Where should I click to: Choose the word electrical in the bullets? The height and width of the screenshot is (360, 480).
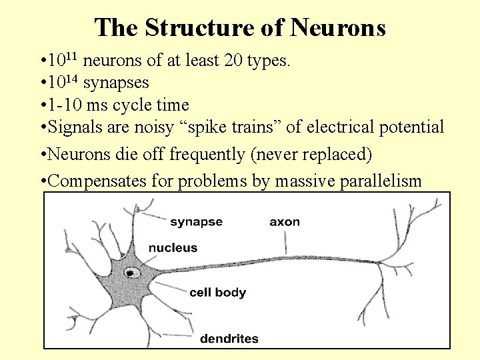click(x=339, y=127)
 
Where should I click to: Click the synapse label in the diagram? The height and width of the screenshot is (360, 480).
click(x=196, y=221)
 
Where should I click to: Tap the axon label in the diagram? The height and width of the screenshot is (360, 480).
click(x=285, y=221)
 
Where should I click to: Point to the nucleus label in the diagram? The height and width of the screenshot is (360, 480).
click(x=173, y=247)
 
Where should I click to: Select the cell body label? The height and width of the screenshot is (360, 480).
click(x=217, y=292)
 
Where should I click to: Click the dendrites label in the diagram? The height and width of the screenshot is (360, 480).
click(x=229, y=338)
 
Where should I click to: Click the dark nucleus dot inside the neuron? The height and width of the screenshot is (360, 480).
click(x=131, y=271)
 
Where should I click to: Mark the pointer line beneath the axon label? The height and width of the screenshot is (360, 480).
click(x=286, y=243)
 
